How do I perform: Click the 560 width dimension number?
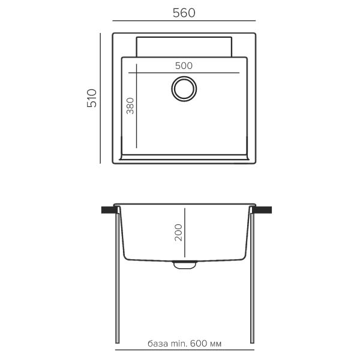184,14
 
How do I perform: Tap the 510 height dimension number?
92,98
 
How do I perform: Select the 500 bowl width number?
184,66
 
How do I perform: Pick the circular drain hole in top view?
184,88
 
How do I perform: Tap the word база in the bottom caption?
158,345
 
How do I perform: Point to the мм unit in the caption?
216,345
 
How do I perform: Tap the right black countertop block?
262,210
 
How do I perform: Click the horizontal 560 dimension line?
184,23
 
